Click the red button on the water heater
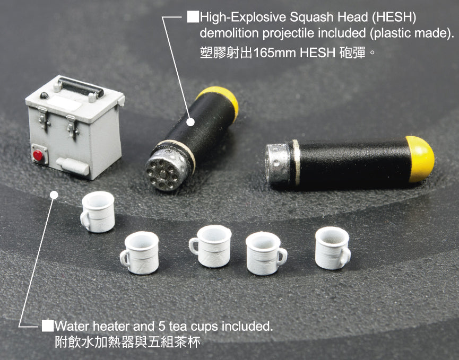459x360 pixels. (38, 155)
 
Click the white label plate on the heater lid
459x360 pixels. (64, 103)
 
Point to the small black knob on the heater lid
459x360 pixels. (44, 95)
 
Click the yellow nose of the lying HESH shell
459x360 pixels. (420, 159)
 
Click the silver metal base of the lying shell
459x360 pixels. (278, 163)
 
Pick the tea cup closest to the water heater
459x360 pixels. (98, 212)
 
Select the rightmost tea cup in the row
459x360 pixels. (333, 248)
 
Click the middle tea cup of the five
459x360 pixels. (211, 246)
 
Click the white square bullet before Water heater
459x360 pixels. (47, 326)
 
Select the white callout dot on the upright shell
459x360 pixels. (190, 122)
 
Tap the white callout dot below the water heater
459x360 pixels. (54, 195)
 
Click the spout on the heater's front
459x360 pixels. (73, 166)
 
